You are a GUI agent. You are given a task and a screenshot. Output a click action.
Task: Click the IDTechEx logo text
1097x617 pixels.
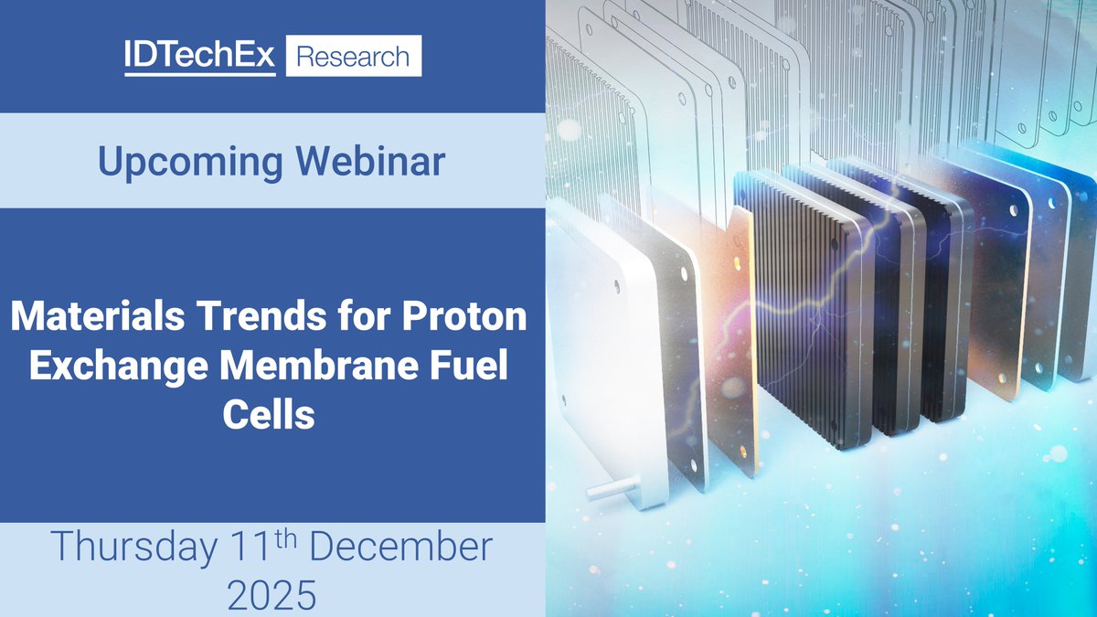200,56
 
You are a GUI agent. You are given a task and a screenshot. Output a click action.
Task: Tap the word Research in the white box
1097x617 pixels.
354,57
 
